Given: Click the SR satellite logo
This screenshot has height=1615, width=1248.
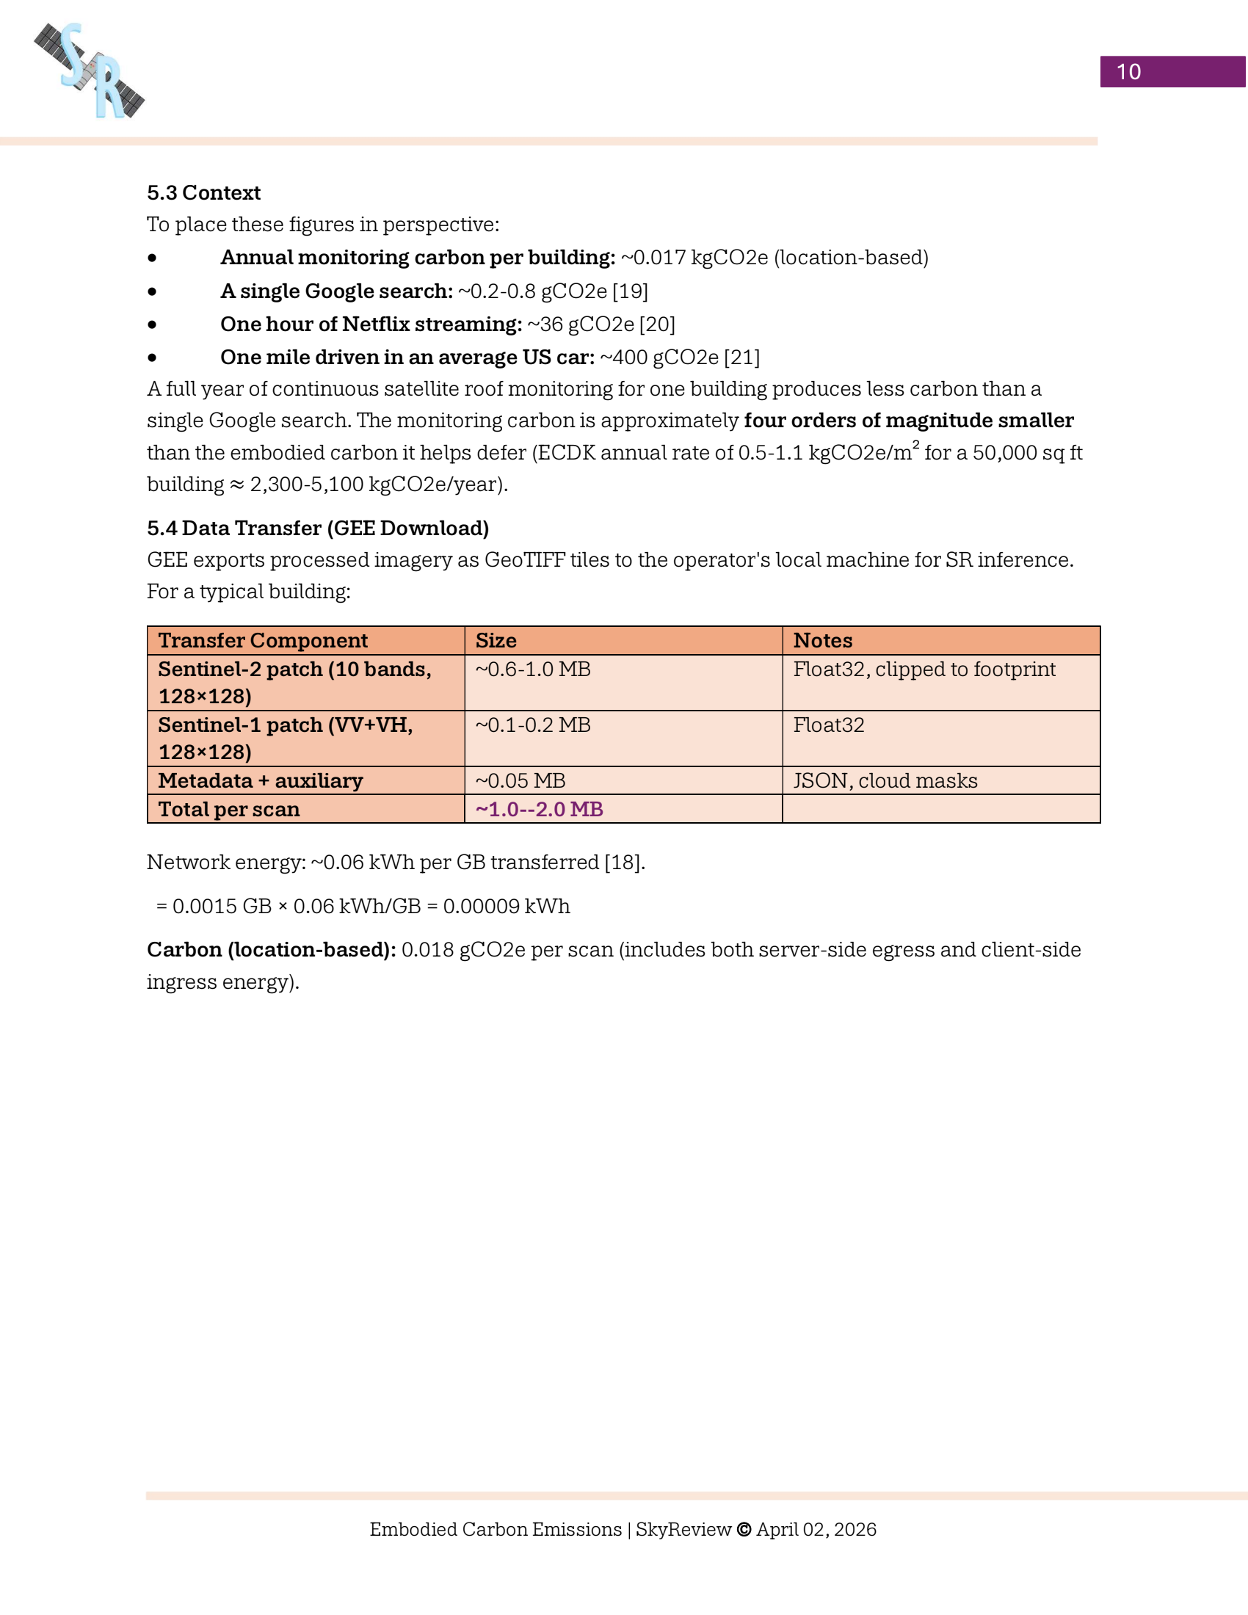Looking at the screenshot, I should point(90,71).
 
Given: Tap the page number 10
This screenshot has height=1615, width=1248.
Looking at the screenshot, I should point(1128,72).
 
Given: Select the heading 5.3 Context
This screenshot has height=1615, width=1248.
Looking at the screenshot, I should point(203,193).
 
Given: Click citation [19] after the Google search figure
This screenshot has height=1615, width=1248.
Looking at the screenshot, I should point(630,291).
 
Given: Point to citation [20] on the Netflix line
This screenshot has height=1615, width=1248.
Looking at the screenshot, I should point(657,324).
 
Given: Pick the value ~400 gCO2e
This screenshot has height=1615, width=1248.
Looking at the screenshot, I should point(659,358).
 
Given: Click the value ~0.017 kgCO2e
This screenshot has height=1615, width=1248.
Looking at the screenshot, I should point(694,258).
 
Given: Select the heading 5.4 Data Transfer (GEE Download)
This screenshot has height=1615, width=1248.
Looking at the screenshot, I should point(318,528).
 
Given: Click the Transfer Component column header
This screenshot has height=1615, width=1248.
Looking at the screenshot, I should point(263,640).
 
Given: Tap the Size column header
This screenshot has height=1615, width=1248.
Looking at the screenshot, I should point(496,640).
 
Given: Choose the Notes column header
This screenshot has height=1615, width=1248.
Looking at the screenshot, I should point(823,640).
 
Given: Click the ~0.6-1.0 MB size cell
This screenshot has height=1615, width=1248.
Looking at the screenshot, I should point(533,669).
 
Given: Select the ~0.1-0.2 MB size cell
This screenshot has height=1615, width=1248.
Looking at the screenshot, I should point(533,725).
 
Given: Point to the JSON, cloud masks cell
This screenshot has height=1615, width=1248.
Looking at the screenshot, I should point(885,781).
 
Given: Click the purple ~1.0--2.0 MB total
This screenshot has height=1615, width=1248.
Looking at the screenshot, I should point(539,809).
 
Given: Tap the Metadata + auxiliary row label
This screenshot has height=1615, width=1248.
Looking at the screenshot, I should point(261,781).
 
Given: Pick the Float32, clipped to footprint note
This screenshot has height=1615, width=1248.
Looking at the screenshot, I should point(924,669).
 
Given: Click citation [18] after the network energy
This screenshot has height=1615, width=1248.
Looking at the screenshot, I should point(623,863).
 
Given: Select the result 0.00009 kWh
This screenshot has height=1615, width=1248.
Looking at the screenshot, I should point(507,907).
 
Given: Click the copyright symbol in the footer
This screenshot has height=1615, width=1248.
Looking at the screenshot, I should point(744,1529).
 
